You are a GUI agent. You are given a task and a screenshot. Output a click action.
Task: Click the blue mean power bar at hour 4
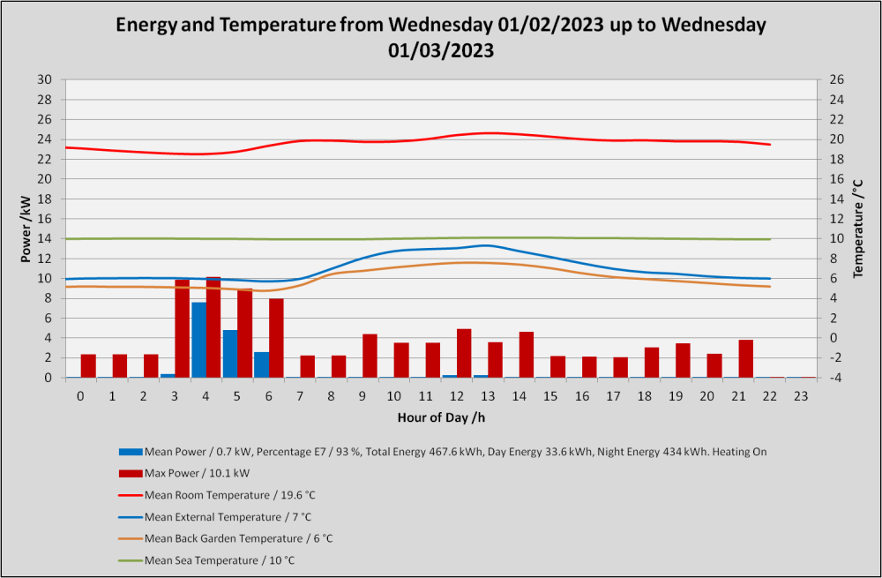click(x=198, y=340)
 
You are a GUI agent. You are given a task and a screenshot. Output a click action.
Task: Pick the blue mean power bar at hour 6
click(x=262, y=364)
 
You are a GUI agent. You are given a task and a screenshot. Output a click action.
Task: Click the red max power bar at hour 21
click(x=746, y=358)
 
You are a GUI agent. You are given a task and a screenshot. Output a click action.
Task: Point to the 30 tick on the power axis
click(x=45, y=80)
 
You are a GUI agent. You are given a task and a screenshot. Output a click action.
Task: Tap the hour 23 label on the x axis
click(x=801, y=396)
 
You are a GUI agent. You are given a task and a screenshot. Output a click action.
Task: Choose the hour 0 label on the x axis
click(x=80, y=396)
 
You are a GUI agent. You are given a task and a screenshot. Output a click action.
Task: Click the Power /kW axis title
click(x=26, y=229)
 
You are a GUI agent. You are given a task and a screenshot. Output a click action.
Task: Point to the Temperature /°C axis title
click(x=858, y=229)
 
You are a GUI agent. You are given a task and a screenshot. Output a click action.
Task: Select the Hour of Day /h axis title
click(x=441, y=417)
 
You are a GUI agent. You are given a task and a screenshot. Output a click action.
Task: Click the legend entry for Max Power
click(x=184, y=473)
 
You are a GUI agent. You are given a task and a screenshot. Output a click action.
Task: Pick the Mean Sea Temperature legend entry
click(x=206, y=560)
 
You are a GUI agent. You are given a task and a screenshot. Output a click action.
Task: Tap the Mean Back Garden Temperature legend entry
click(x=226, y=538)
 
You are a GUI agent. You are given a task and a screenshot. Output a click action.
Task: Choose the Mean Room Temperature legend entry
click(x=217, y=495)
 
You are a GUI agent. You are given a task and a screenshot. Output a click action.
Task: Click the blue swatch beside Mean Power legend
click(x=131, y=452)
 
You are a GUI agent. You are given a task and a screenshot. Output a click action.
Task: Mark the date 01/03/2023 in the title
click(x=441, y=50)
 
